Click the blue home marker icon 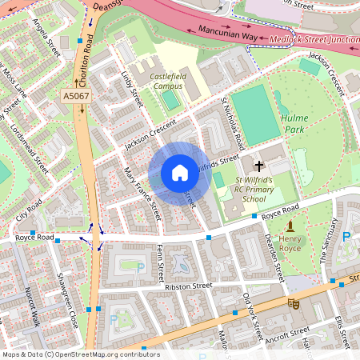(x=179, y=173)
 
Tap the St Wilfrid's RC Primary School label (x=254, y=190)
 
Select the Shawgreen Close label (x=66, y=294)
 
